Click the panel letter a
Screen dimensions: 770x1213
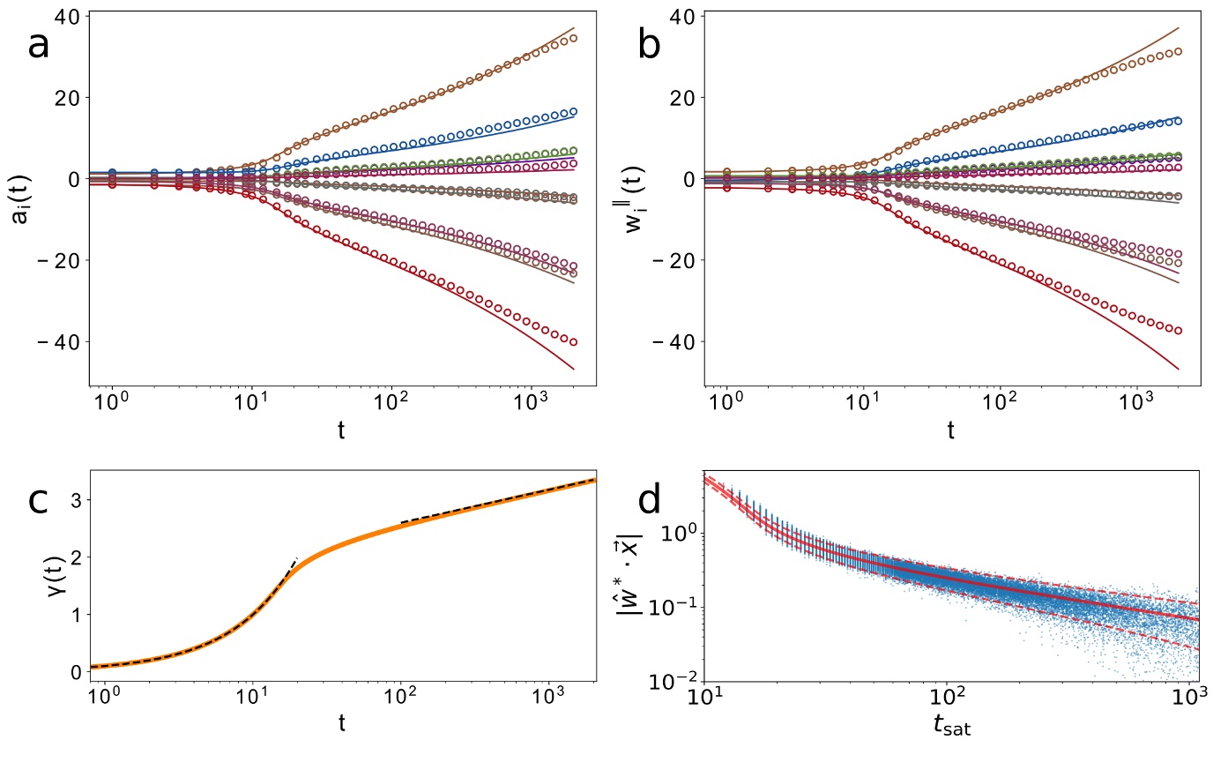pyautogui.click(x=39, y=45)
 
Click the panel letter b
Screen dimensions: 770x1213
pyautogui.click(x=649, y=45)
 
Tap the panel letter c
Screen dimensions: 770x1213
pyautogui.click(x=38, y=500)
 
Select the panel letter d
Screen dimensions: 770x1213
pyautogui.click(x=649, y=500)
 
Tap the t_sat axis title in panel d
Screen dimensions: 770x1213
pyautogui.click(x=951, y=724)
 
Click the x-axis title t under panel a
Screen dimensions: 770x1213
pyautogui.click(x=341, y=430)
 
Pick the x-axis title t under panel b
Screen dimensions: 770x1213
pyautogui.click(x=951, y=430)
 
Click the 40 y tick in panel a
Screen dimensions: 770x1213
pyautogui.click(x=65, y=17)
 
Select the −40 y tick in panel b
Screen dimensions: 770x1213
pyautogui.click(x=670, y=342)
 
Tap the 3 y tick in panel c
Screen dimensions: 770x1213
pyautogui.click(x=75, y=500)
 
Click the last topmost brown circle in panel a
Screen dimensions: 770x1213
pyautogui.click(x=574, y=38)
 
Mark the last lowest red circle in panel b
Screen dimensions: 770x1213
pyautogui.click(x=1178, y=331)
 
